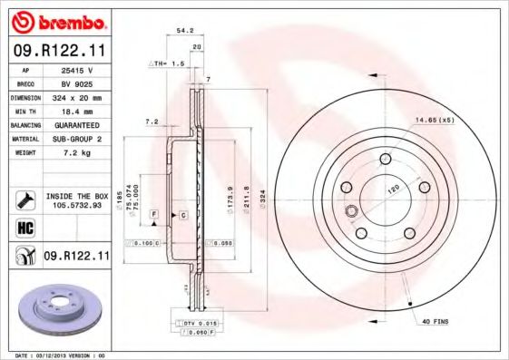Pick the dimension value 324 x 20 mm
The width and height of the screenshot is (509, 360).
pyautogui.click(x=76, y=96)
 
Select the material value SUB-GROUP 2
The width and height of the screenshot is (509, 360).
pyautogui.click(x=76, y=138)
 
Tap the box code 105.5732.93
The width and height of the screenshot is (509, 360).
pyautogui.click(x=76, y=205)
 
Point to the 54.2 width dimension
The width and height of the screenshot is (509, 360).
pyautogui.click(x=184, y=31)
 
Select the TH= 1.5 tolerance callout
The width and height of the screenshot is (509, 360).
pyautogui.click(x=167, y=64)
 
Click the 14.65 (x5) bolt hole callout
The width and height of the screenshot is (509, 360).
pyautogui.click(x=433, y=121)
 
